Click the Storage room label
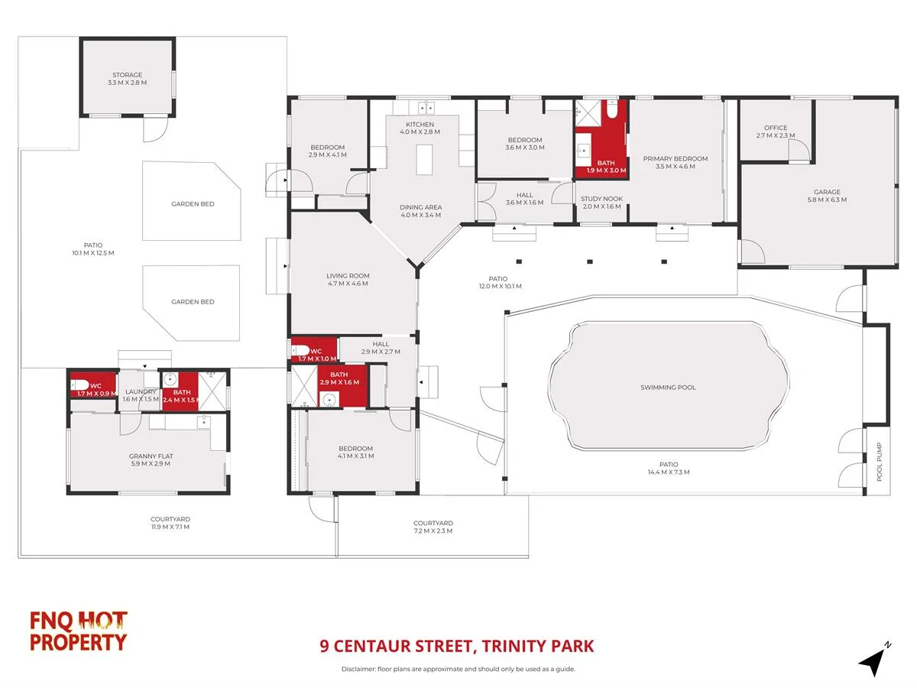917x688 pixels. coord(128,75)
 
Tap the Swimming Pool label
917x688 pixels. coord(668,388)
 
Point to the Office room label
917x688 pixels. coord(775,128)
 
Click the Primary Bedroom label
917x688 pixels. coord(675,159)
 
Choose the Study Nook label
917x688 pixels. coord(602,199)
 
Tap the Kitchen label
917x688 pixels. coord(420,125)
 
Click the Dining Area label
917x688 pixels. coord(421,207)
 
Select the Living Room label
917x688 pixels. coord(348,276)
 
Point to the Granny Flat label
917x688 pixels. coord(149,456)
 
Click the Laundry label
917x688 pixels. coord(141,392)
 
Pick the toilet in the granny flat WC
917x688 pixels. coord(80,385)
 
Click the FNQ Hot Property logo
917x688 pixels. coord(78,631)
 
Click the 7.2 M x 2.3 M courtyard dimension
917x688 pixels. coord(433,531)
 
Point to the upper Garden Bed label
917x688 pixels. coord(192,204)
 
